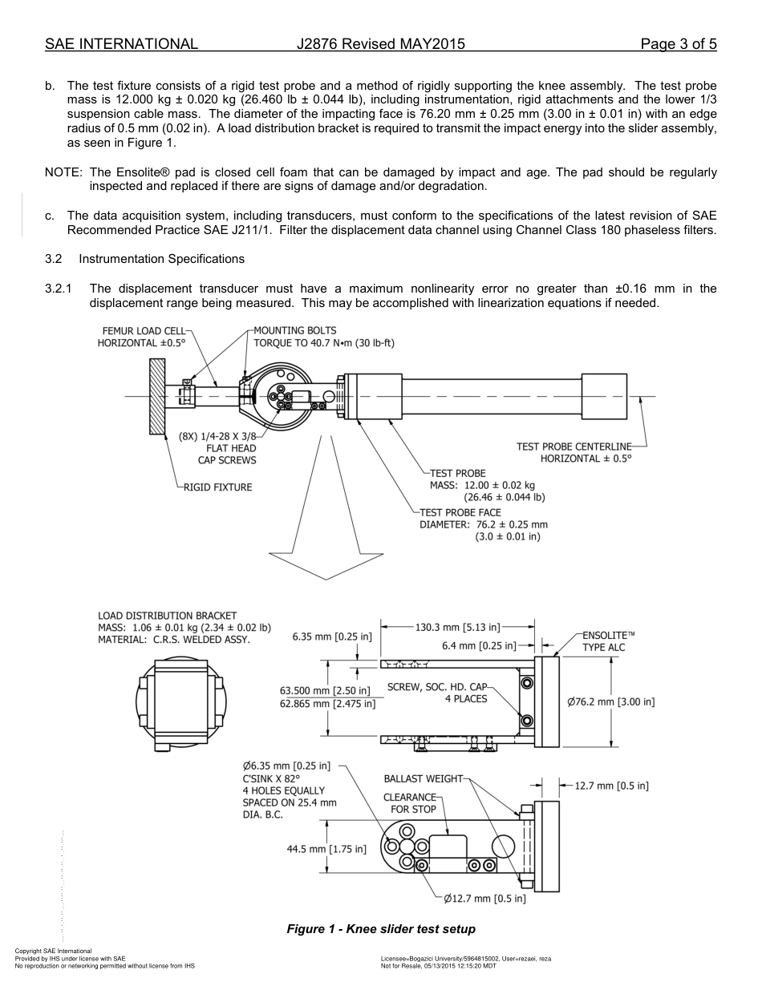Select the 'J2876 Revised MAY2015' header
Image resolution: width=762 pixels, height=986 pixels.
coord(380,44)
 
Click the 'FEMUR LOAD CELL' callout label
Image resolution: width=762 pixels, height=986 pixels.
coord(144,330)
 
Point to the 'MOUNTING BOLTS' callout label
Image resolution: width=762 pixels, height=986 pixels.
coord(294,330)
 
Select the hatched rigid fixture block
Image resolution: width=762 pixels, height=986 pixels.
coord(156,396)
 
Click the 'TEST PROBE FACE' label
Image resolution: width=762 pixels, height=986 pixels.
coord(460,512)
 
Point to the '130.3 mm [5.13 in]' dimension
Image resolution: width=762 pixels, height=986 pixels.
coord(457,627)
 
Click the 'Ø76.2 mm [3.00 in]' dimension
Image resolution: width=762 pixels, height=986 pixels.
coord(610,702)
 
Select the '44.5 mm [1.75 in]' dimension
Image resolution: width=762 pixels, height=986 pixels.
coord(326,849)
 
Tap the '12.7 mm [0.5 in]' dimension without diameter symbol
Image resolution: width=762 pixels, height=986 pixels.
coord(611,786)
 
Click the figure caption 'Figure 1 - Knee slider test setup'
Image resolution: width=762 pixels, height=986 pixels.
coord(381,929)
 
